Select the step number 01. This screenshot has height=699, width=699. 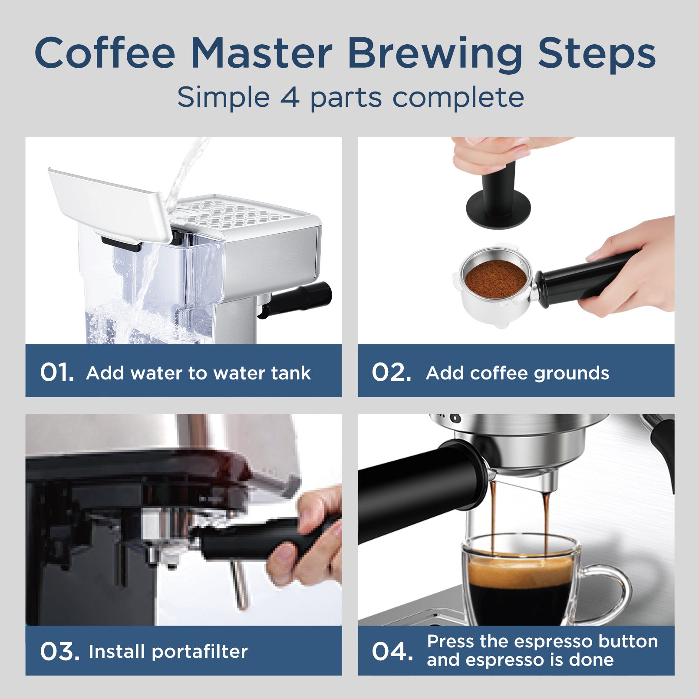click(56, 373)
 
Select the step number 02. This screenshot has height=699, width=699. click(391, 373)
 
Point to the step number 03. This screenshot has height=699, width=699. click(59, 651)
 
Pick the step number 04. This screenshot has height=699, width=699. click(392, 651)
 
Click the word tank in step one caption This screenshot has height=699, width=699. click(290, 373)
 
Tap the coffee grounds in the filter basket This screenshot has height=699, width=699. click(496, 279)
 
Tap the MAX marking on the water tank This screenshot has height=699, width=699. click(120, 262)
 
